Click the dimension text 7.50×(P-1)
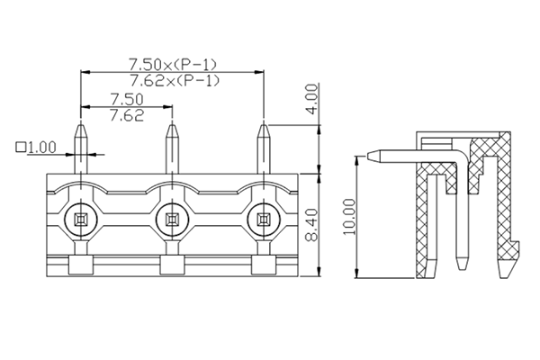173,65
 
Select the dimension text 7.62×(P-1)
173,81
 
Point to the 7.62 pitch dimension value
126,115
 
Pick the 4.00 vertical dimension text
311,97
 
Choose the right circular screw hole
263,219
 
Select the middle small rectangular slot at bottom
172,265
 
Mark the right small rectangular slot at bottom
263,265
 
